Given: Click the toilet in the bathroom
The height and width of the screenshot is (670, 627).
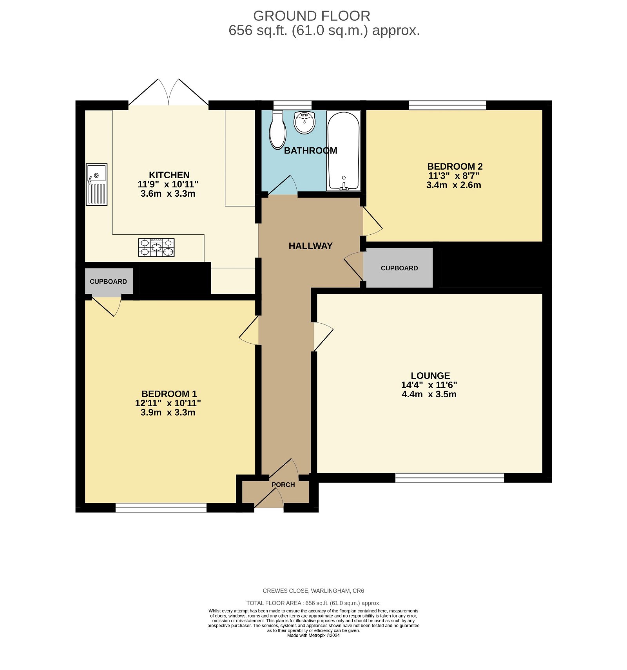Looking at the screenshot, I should (x=277, y=131).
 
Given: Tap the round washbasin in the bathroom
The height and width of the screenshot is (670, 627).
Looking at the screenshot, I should (x=304, y=122).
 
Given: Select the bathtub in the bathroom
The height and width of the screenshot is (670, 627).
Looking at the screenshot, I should (x=343, y=151).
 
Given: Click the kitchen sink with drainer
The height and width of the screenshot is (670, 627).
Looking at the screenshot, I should (x=96, y=184).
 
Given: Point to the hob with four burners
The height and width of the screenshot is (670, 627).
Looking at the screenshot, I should (x=156, y=247).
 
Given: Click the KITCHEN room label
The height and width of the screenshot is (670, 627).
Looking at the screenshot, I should (x=169, y=175).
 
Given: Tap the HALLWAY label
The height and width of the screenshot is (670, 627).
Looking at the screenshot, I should (x=310, y=246).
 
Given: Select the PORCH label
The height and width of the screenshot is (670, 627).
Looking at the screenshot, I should (x=283, y=485).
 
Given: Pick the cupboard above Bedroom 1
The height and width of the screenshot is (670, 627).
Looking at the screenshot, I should (x=109, y=281).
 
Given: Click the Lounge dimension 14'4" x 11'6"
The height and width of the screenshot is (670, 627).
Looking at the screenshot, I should (x=429, y=385).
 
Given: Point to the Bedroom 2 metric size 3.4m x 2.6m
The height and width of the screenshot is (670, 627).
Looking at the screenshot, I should (x=453, y=185).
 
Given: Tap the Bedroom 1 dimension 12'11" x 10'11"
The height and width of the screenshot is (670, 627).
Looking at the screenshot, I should (x=168, y=403).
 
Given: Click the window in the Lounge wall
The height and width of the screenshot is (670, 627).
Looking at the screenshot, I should (x=449, y=477).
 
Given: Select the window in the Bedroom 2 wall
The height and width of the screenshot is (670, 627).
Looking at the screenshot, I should (x=447, y=105).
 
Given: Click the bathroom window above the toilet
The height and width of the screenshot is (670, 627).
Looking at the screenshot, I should (x=292, y=105).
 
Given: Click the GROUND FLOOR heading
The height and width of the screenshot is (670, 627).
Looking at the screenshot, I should (x=312, y=16).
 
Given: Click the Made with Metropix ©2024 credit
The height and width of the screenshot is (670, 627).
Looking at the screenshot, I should (x=313, y=635).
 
